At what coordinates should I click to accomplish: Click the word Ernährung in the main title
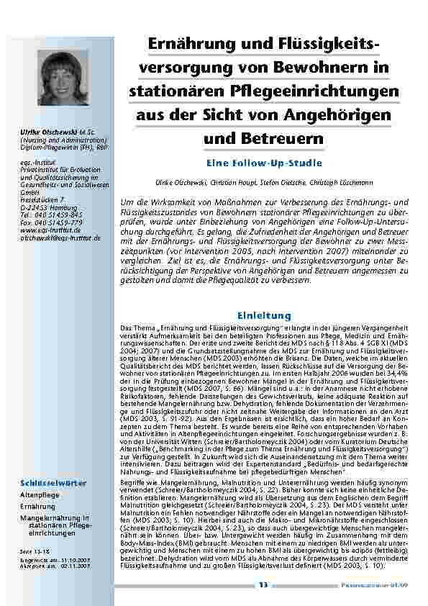click(x=188, y=45)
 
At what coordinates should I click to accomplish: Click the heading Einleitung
click(x=264, y=315)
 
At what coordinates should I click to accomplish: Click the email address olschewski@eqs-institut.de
click(x=60, y=237)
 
